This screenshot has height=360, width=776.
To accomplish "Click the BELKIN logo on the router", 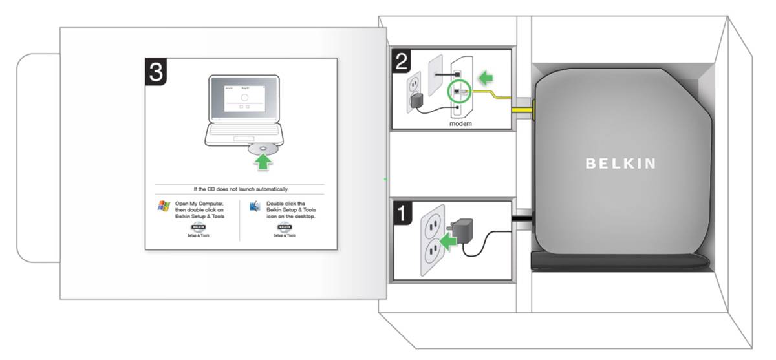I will click(x=620, y=164).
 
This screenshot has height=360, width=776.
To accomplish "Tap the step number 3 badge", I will click(x=156, y=72).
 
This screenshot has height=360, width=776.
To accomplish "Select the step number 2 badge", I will click(x=402, y=61).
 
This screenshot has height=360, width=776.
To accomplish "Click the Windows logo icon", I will click(x=164, y=207).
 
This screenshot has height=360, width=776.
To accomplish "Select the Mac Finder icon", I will click(x=255, y=207).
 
